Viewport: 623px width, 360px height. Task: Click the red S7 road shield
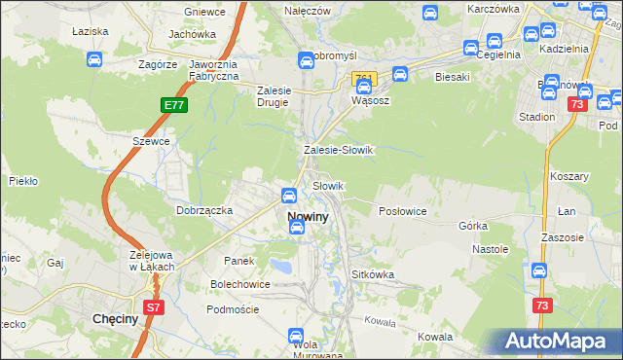point(154,307)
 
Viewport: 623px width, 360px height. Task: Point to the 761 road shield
point(363,78)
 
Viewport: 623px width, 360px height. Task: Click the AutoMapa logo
point(557,342)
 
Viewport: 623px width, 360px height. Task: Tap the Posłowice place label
point(403,211)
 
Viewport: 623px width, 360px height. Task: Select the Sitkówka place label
point(373,274)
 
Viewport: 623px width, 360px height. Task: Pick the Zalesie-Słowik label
point(339,150)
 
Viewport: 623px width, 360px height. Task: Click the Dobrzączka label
point(203,209)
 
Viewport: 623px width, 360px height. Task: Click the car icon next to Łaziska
point(93,59)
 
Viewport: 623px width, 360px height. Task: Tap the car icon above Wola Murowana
point(297,335)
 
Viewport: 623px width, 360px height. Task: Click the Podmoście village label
point(233,308)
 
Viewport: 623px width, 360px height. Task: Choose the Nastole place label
point(491,249)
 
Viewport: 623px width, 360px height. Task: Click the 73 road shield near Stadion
point(578,104)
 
